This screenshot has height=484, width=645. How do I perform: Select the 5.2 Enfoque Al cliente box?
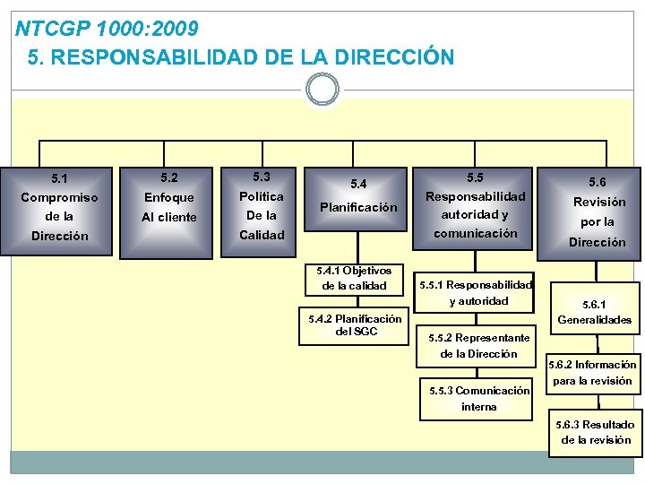point(169,206)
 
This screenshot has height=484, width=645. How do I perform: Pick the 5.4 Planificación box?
point(358,206)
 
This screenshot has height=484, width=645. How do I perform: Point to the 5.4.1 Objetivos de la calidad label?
point(355,278)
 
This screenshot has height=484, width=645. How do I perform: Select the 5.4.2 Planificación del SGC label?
point(355,324)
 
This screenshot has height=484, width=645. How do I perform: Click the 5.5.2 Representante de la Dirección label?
point(478,345)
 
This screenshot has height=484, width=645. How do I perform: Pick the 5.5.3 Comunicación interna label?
point(478,398)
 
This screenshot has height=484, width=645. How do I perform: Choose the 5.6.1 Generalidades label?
point(595,312)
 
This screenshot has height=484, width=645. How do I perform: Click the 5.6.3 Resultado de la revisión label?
point(596,431)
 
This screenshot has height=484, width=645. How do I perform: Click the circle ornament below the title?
point(322,90)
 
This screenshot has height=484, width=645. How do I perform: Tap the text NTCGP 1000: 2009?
point(107,30)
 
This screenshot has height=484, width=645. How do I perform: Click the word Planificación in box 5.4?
point(358,207)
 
